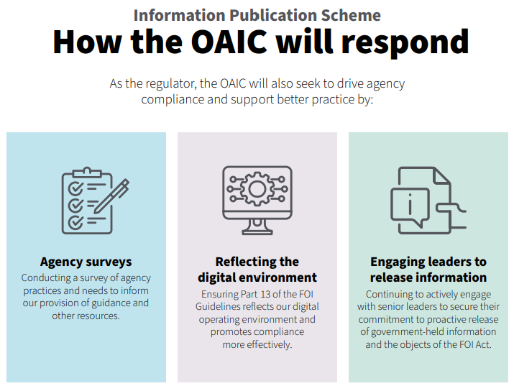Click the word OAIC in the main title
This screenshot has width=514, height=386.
coord(229,41)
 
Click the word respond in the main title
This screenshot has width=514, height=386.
coord(405,42)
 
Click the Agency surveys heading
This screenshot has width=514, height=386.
coord(86,262)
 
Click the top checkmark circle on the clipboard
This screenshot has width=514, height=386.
coord(75,188)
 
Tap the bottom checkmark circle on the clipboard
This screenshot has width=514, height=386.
coord(75,223)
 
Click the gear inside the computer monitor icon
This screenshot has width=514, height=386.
coord(257,189)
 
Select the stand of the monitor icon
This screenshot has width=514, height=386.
coord(257,227)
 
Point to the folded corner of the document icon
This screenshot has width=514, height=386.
coord(441,175)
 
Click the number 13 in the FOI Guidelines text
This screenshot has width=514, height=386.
coord(265,294)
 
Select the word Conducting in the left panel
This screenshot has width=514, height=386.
coord(46,278)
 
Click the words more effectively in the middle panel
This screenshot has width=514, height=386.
coord(257,345)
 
